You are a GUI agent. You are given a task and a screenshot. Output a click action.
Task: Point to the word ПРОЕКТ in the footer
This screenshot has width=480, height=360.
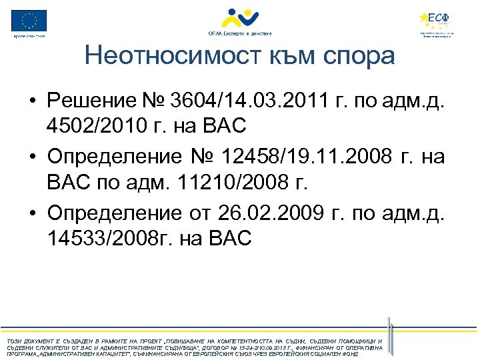pyautogui.click(x=143, y=341)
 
